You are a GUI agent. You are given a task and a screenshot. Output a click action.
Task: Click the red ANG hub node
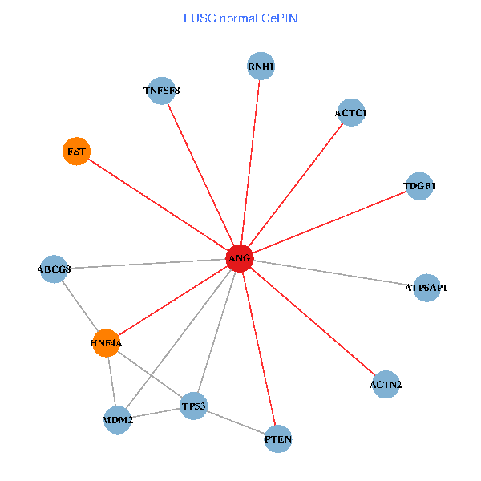click(240, 258)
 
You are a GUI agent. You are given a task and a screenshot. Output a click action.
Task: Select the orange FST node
click(76, 151)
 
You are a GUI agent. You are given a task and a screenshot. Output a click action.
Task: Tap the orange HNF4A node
click(106, 343)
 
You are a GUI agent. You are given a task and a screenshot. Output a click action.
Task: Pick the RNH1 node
click(261, 66)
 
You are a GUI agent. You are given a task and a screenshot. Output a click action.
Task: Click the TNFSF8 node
click(162, 91)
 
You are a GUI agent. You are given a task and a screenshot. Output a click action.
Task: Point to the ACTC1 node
click(351, 113)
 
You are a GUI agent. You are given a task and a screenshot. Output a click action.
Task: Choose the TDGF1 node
click(419, 186)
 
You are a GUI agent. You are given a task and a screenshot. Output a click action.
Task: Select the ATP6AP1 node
click(426, 287)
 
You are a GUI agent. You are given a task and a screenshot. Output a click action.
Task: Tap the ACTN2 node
click(386, 385)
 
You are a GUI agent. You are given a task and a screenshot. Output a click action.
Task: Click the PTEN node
click(278, 439)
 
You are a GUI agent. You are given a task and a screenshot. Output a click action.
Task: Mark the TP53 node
click(194, 406)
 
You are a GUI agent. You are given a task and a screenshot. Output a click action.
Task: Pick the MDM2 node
click(118, 419)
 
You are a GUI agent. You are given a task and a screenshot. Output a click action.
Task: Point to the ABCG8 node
click(54, 269)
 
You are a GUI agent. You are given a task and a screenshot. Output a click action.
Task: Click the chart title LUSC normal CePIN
click(240, 18)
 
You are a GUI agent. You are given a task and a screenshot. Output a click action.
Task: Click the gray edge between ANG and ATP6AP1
click(333, 273)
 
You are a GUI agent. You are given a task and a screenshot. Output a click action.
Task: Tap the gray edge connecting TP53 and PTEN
click(236, 422)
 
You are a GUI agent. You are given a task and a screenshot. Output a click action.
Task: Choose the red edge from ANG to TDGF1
click(329, 222)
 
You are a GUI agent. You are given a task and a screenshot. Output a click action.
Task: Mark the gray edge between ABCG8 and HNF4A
click(79, 305)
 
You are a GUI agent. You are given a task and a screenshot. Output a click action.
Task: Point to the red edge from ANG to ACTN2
click(313, 321)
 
